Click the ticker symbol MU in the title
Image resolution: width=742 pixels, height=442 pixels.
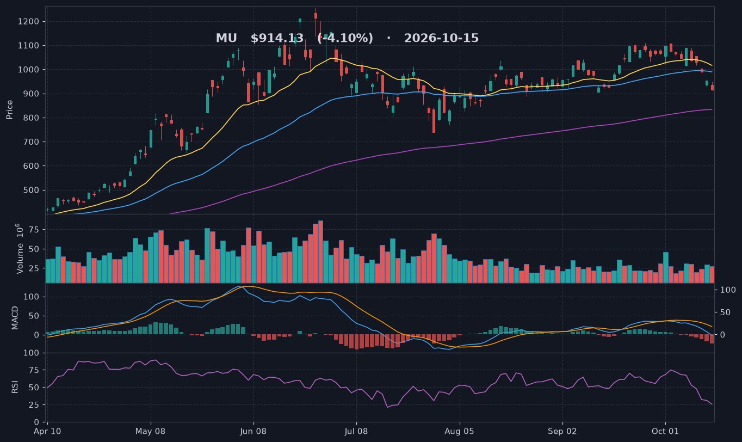(226, 38)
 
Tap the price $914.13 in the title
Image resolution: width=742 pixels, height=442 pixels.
(277, 38)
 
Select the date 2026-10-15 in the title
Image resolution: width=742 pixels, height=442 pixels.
(441, 38)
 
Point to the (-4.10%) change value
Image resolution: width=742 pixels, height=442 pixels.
(345, 38)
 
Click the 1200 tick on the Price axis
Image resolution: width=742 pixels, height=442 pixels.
(28, 22)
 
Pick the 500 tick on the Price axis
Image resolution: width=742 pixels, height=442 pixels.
(31, 191)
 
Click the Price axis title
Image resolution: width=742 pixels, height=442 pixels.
(9, 109)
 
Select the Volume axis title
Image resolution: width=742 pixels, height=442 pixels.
(20, 249)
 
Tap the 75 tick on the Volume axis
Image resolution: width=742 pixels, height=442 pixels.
(34, 230)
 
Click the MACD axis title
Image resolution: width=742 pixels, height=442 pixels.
(15, 318)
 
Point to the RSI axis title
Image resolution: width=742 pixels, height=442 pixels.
(15, 387)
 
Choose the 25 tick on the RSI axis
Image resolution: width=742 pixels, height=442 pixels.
(34, 405)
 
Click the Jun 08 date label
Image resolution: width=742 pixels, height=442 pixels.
(253, 432)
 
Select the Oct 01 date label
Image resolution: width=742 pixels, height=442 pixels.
(665, 432)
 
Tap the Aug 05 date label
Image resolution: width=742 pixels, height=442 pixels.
(460, 432)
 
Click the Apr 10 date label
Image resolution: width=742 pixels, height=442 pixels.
(47, 432)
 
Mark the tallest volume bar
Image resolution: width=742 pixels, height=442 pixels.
(320, 251)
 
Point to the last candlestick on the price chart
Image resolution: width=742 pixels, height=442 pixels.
(712, 87)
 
